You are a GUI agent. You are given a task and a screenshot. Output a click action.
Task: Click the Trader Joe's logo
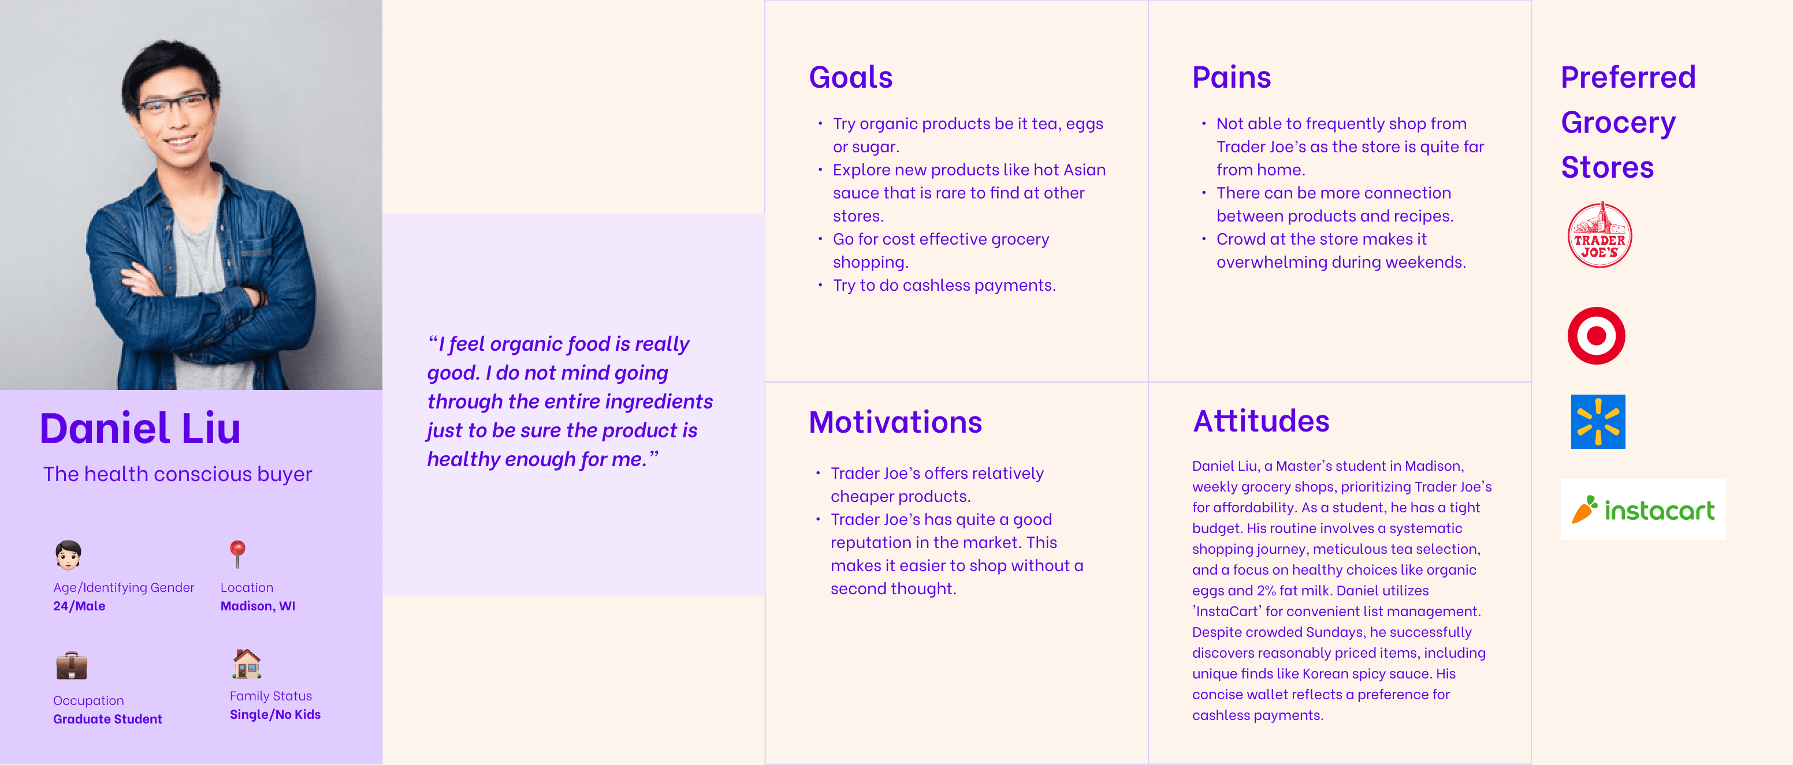tap(1599, 235)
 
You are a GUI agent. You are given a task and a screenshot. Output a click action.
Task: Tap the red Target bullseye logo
tap(1596, 336)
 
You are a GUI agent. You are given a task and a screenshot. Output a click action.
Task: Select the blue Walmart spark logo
tap(1598, 422)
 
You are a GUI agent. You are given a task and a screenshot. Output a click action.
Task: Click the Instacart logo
tap(1643, 510)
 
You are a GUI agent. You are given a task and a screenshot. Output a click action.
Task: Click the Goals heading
tap(850, 77)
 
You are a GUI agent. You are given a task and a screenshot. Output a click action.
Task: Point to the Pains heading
tap(1232, 77)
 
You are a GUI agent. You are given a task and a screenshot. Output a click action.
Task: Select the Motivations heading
tap(895, 422)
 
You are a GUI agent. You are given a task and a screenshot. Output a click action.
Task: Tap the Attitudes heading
tap(1260, 421)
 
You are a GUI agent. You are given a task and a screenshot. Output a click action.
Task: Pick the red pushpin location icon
tap(237, 554)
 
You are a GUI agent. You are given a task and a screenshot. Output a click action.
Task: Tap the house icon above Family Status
tap(247, 663)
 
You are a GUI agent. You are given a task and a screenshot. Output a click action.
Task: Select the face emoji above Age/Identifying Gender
tap(68, 555)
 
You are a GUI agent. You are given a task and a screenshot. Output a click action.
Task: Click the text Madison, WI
tap(258, 606)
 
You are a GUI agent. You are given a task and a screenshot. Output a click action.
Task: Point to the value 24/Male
tap(79, 606)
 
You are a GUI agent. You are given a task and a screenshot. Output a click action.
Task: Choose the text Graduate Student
tap(108, 719)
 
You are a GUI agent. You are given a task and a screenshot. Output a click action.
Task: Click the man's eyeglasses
tap(173, 104)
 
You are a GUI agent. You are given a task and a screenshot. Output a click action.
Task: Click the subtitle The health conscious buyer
tap(177, 474)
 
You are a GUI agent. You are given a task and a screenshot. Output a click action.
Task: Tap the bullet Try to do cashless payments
tap(944, 285)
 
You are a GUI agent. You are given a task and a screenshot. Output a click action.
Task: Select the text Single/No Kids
tap(275, 714)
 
